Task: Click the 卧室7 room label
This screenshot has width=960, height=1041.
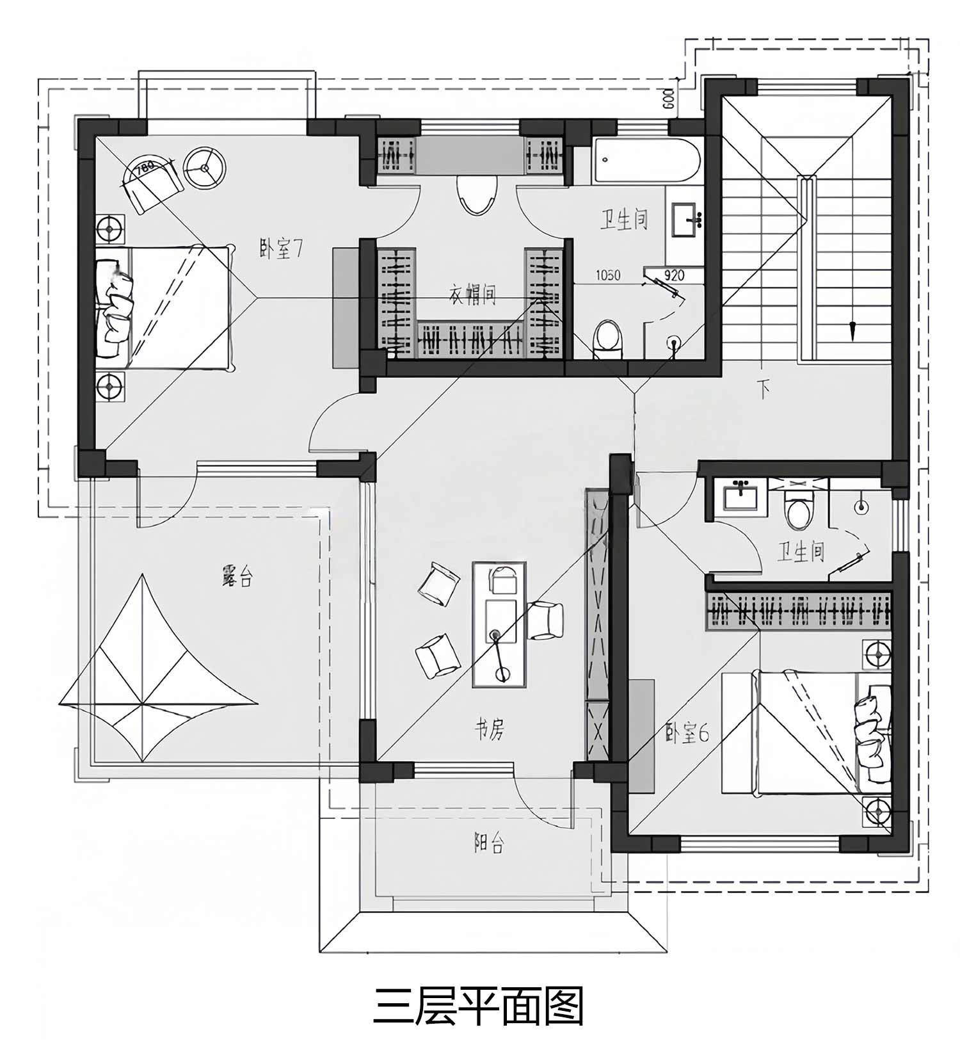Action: [280, 248]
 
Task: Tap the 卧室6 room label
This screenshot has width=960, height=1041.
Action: [687, 733]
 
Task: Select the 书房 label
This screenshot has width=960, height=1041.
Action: [489, 729]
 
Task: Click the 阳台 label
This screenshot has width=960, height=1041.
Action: [489, 844]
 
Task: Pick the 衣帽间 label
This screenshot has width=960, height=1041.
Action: [472, 295]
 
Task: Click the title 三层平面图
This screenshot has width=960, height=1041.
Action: [478, 1006]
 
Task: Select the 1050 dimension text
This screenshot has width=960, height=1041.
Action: [608, 276]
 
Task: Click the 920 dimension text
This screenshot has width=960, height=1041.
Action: [674, 276]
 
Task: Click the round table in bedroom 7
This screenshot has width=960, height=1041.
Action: [204, 168]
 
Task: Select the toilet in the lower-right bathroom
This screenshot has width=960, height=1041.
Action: [797, 509]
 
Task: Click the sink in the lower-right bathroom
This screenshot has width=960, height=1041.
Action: [741, 496]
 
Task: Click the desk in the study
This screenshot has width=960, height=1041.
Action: [499, 624]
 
